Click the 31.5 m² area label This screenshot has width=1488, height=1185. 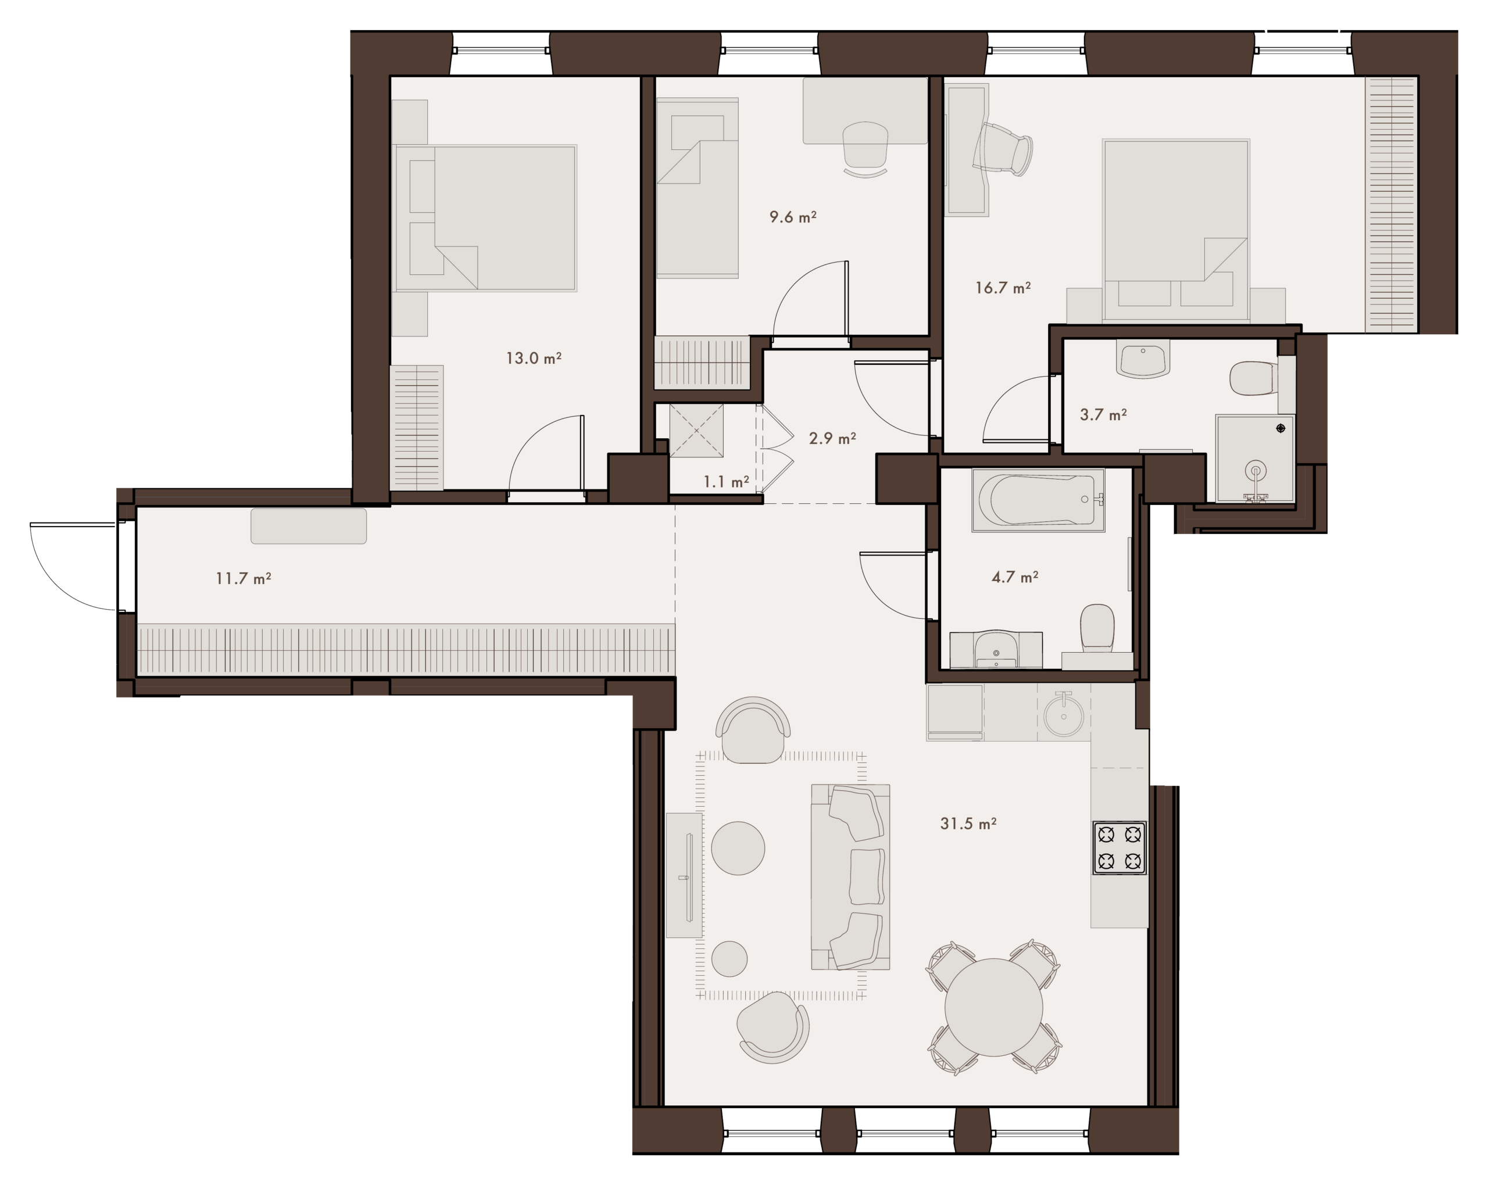(x=968, y=824)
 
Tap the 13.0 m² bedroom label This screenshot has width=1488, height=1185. (x=534, y=358)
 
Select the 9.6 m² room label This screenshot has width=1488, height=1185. (x=793, y=217)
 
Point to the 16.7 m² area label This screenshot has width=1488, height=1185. (x=1003, y=288)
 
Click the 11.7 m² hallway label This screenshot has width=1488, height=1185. (x=243, y=578)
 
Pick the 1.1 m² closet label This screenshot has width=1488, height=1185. (x=726, y=482)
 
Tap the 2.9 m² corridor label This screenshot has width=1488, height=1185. (x=832, y=438)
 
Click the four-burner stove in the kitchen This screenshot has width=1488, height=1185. (x=1119, y=847)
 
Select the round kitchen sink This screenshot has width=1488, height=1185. (x=1064, y=715)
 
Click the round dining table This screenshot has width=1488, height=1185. (x=994, y=1007)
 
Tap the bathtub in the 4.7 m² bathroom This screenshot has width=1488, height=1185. (x=1038, y=500)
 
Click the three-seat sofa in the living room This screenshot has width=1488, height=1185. (x=850, y=877)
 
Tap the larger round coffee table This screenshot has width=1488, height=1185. (x=738, y=848)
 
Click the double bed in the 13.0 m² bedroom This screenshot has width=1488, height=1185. (x=485, y=218)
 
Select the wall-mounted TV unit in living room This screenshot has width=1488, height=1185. (x=685, y=875)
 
